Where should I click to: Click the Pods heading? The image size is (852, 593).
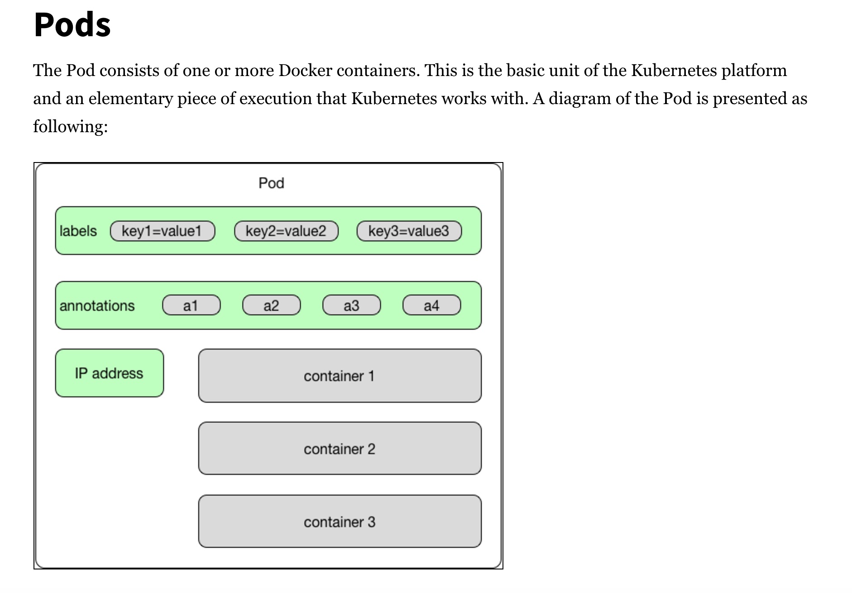[x=72, y=24]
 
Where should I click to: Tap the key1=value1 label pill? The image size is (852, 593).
[x=163, y=231]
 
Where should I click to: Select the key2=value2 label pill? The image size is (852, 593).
[x=286, y=231]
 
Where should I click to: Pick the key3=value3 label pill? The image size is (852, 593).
[x=409, y=231]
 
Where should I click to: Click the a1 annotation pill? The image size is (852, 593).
[x=191, y=305]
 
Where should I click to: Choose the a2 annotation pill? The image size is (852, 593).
[x=272, y=305]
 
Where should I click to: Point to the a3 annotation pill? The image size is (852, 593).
[x=352, y=305]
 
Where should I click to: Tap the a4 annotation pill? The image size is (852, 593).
[x=432, y=305]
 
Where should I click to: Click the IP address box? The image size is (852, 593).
[x=110, y=373]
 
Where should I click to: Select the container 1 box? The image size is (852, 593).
[x=340, y=376]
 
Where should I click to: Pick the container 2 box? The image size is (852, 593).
[x=340, y=449]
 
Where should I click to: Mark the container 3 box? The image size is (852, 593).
[x=340, y=521]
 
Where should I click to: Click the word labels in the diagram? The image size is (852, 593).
[x=78, y=231]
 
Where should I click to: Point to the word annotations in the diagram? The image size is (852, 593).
[x=97, y=306]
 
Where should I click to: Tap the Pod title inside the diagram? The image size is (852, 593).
[x=271, y=183]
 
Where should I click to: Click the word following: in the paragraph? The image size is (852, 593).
[x=71, y=127]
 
